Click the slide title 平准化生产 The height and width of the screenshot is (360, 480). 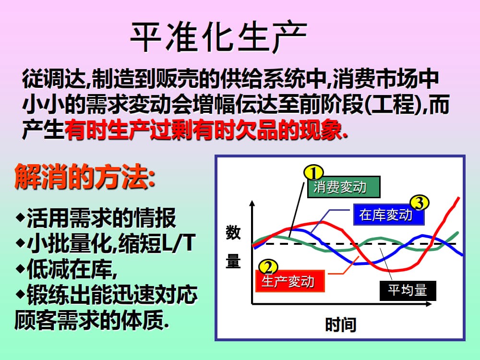click(218, 37)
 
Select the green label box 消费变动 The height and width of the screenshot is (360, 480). click(343, 187)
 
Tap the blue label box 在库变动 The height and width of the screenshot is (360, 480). click(389, 215)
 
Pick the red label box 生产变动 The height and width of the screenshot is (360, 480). click(290, 281)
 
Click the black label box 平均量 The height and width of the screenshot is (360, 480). click(408, 290)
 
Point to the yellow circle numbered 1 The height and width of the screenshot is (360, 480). click(313, 172)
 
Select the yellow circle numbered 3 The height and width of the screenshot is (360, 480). click(419, 204)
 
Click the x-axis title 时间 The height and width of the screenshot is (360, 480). click(340, 325)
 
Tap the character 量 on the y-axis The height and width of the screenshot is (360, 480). click(233, 262)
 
